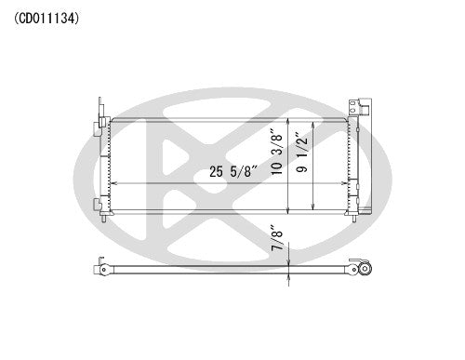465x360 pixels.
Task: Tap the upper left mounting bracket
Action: coord(100,117)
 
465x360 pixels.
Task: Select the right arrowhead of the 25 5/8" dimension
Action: coord(345,184)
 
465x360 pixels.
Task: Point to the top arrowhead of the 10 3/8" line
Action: coord(290,122)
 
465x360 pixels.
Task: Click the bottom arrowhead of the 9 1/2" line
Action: coord(314,209)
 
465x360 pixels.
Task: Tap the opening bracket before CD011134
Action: coord(17,17)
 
